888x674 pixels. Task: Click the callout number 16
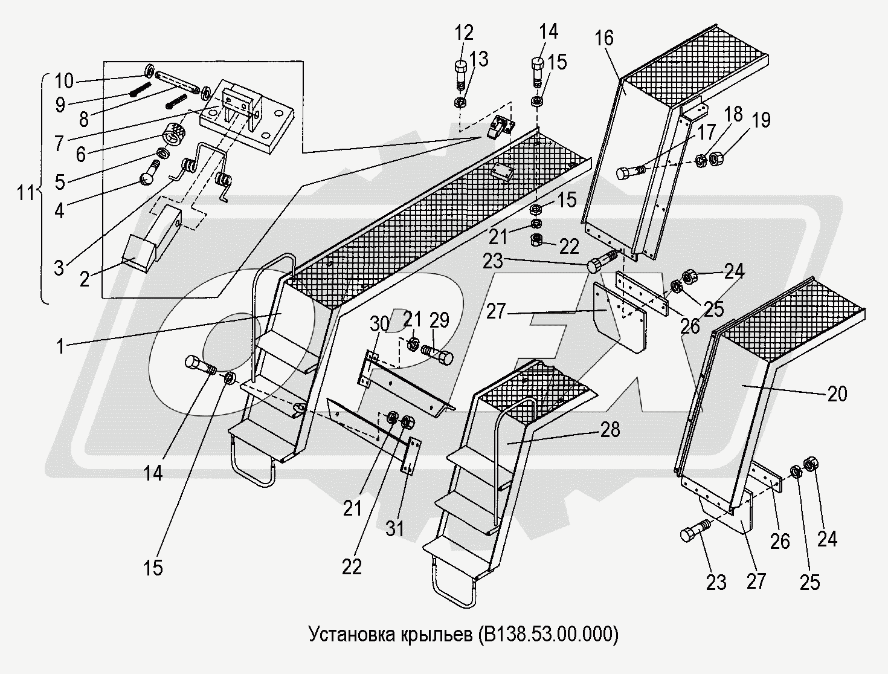point(603,39)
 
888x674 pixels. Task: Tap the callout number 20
point(837,394)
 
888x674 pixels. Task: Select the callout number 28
point(610,430)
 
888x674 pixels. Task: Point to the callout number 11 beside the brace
point(27,194)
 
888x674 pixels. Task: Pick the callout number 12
point(465,33)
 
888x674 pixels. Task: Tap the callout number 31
point(396,528)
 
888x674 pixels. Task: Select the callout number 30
point(379,324)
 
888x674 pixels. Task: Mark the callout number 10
point(63,80)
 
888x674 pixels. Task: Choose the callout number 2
point(85,279)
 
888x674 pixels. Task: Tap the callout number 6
point(80,154)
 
